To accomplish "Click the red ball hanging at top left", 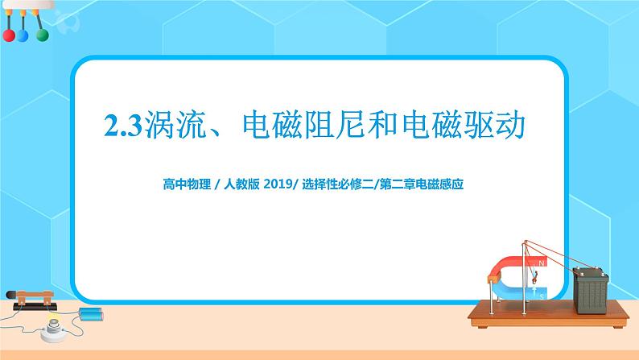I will pos(9,35).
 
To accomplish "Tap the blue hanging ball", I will pos(23,35).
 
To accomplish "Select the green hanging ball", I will pos(38,35).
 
